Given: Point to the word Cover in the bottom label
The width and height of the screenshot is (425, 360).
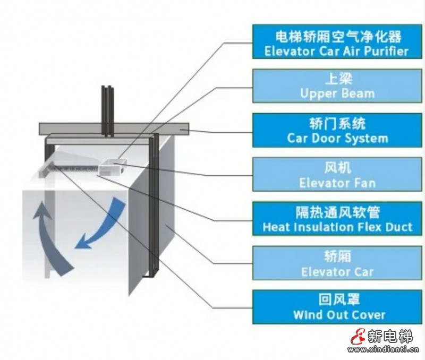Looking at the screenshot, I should [367, 315].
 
